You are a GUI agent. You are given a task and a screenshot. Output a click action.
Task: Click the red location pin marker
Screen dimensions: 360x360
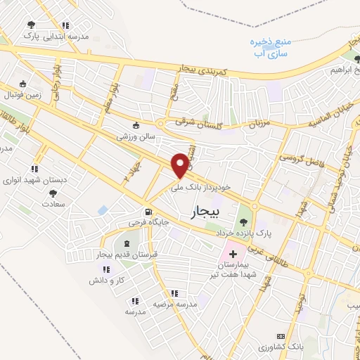[181, 166]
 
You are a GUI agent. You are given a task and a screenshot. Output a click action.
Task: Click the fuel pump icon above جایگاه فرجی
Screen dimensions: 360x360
[148, 212]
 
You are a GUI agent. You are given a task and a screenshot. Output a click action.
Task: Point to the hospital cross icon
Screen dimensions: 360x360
[232, 252]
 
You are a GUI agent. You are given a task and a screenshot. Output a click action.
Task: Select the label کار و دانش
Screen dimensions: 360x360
[106, 280]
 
